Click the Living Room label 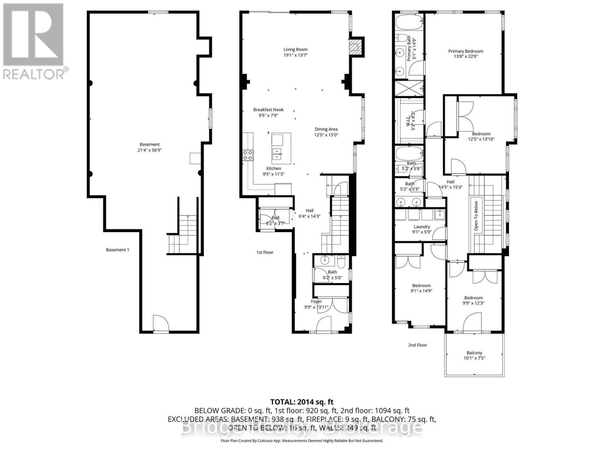click(x=296, y=49)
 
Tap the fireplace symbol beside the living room click(x=354, y=47)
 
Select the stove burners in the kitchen click(x=248, y=155)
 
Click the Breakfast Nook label click(x=268, y=110)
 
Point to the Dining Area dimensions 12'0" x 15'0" click(x=326, y=135)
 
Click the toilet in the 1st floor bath click(x=341, y=261)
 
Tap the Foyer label click(x=316, y=301)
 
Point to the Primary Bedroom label click(x=465, y=51)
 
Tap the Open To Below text click(x=476, y=216)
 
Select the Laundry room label click(x=422, y=227)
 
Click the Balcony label click(x=474, y=353)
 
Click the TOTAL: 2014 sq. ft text click(x=302, y=402)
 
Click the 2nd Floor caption click(x=418, y=345)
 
